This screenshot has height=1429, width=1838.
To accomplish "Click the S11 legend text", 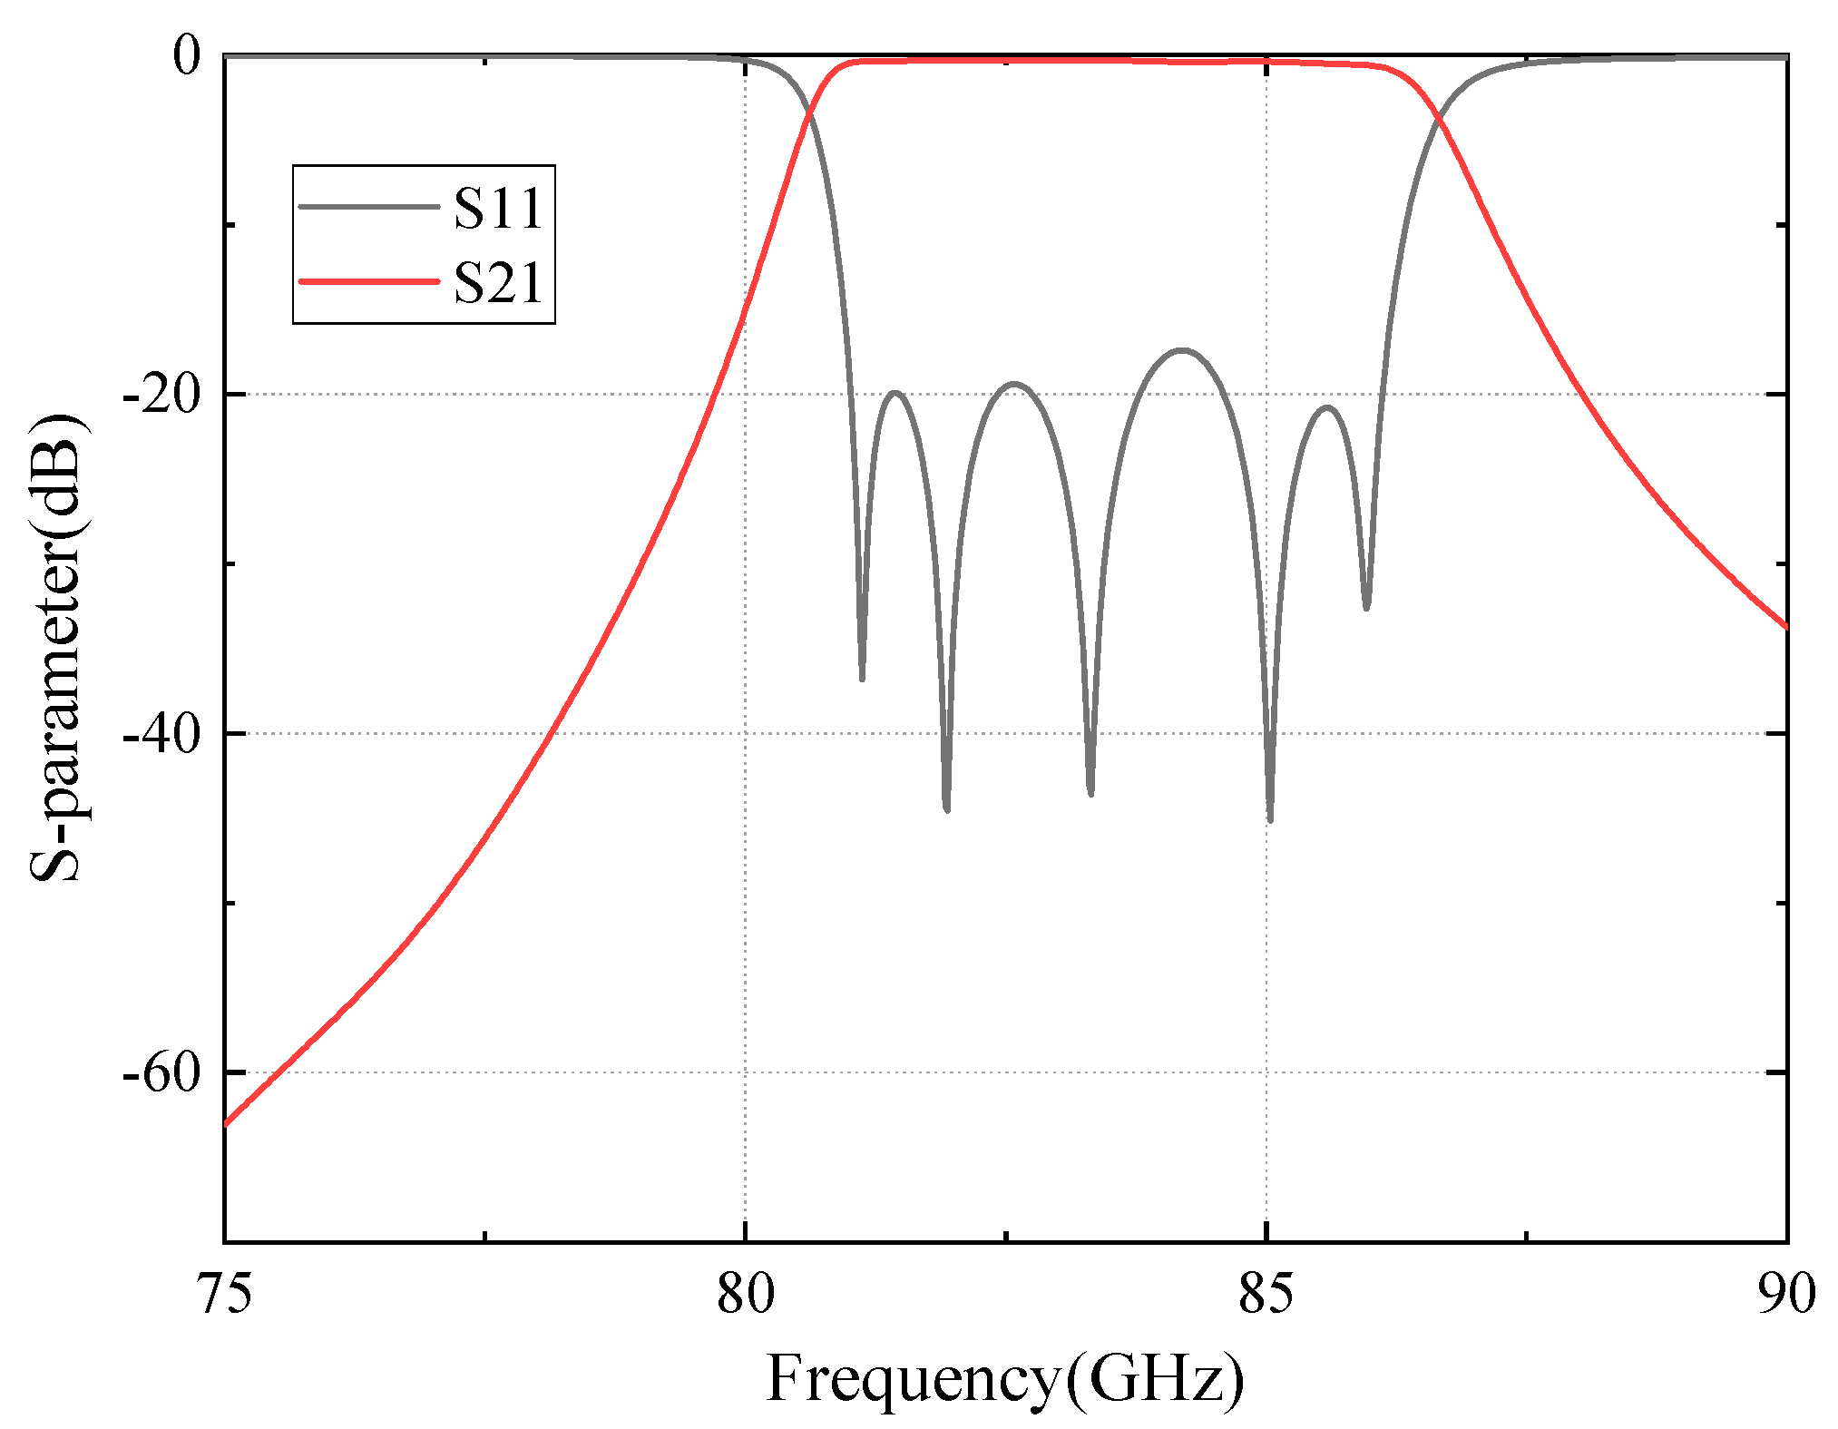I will point(498,208).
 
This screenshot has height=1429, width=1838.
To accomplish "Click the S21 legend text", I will point(498,282).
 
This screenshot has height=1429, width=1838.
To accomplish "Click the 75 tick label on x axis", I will point(225,1293).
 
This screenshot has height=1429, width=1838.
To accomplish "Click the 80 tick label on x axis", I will point(746,1293).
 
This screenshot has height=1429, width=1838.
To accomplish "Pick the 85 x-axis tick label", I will point(1266,1293).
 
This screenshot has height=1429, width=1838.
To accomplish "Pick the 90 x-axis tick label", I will point(1786,1293).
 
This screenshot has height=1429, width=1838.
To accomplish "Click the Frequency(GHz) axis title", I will point(1005,1379).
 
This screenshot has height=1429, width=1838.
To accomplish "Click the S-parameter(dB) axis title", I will point(56,648).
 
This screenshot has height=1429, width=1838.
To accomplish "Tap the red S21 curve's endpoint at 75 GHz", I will point(226,1124).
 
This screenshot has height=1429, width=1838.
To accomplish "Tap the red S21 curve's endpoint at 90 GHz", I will point(1785,626).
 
